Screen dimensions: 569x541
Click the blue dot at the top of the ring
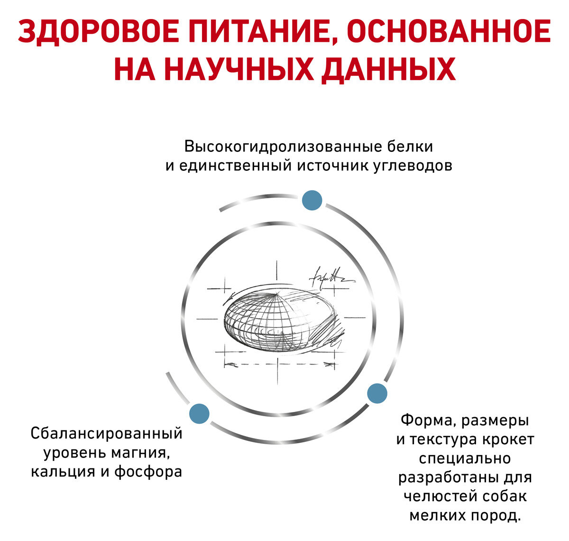point(312,200)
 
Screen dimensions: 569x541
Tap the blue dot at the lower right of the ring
point(377,393)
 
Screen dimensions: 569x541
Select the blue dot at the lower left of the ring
point(199,413)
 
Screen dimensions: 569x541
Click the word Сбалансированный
point(107,433)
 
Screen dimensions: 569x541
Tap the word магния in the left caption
point(140,453)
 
